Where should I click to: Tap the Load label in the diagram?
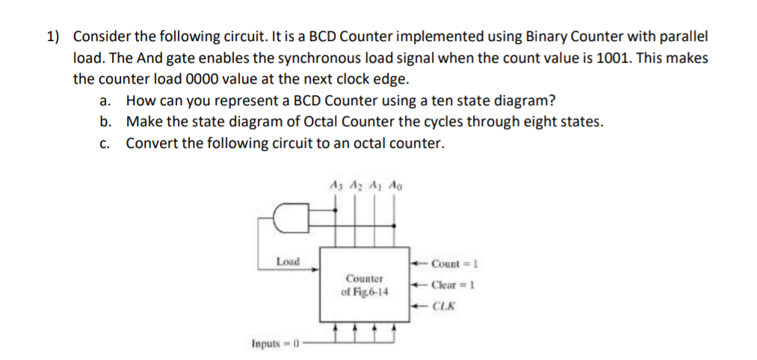[288, 261]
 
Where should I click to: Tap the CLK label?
[448, 305]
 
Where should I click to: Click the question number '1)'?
[54, 37]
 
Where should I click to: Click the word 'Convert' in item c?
[152, 143]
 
